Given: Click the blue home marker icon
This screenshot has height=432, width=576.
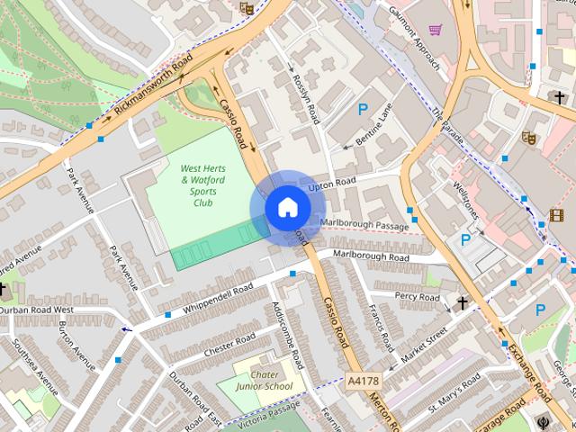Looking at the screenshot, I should point(287,207).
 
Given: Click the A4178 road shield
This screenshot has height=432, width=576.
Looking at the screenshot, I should point(362,381).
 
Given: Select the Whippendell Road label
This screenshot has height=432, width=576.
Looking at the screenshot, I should point(222,298).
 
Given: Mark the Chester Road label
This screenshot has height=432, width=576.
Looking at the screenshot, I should point(230,344).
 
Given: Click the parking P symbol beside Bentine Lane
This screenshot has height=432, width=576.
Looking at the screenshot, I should point(363,110).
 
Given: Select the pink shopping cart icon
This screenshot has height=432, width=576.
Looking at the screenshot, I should point(436,30).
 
